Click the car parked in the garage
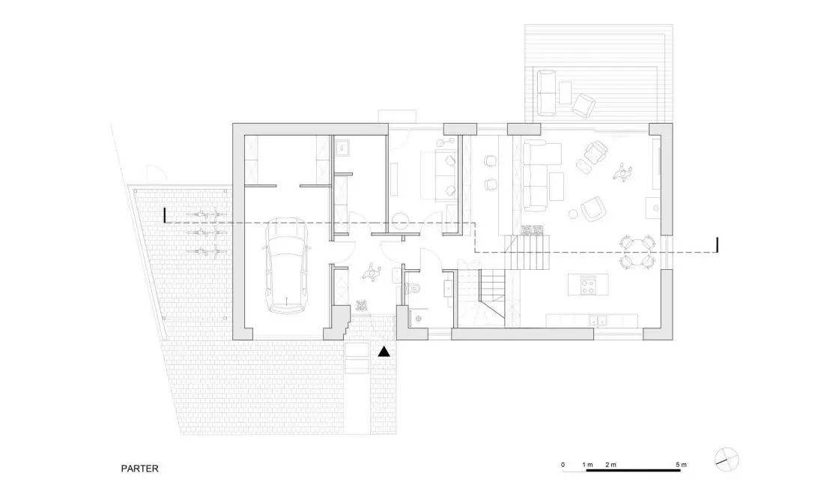286,265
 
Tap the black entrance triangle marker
385,352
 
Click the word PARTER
140,469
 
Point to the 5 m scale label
681,465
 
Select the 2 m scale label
611,465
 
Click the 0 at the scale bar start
563,465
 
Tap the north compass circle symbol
727,460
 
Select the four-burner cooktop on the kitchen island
587,286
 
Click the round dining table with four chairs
637,251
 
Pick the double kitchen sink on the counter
598,319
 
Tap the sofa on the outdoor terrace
546,93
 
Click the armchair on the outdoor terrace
584,105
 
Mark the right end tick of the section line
718,245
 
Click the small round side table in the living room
573,214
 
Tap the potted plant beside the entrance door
361,305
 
